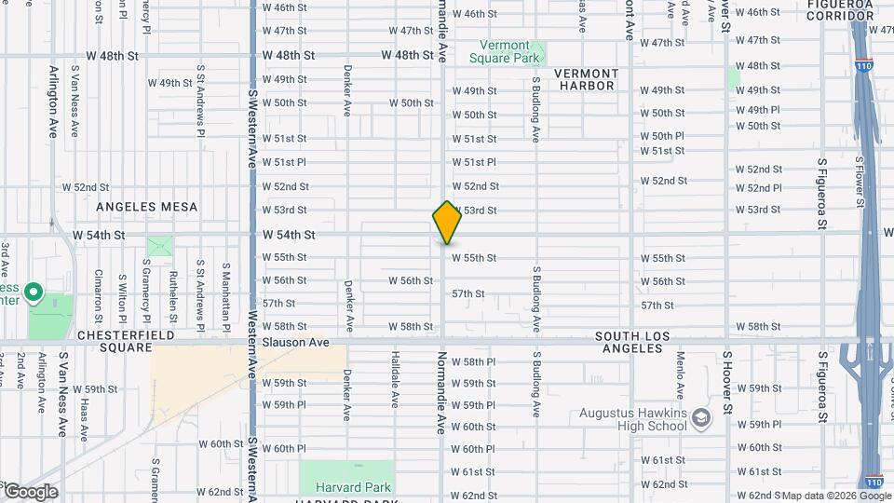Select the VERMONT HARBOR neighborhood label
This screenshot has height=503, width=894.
tap(587, 79)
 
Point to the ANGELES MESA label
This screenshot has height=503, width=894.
tap(147, 206)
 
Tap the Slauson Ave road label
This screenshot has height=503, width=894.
tap(296, 343)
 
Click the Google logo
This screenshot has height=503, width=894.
tap(30, 492)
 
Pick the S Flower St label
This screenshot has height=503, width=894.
tap(858, 180)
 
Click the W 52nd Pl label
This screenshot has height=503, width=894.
tap(758, 188)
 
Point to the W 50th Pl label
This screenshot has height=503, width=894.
tap(662, 136)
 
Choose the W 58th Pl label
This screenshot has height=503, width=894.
tap(473, 361)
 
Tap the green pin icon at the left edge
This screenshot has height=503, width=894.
tap(34, 294)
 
